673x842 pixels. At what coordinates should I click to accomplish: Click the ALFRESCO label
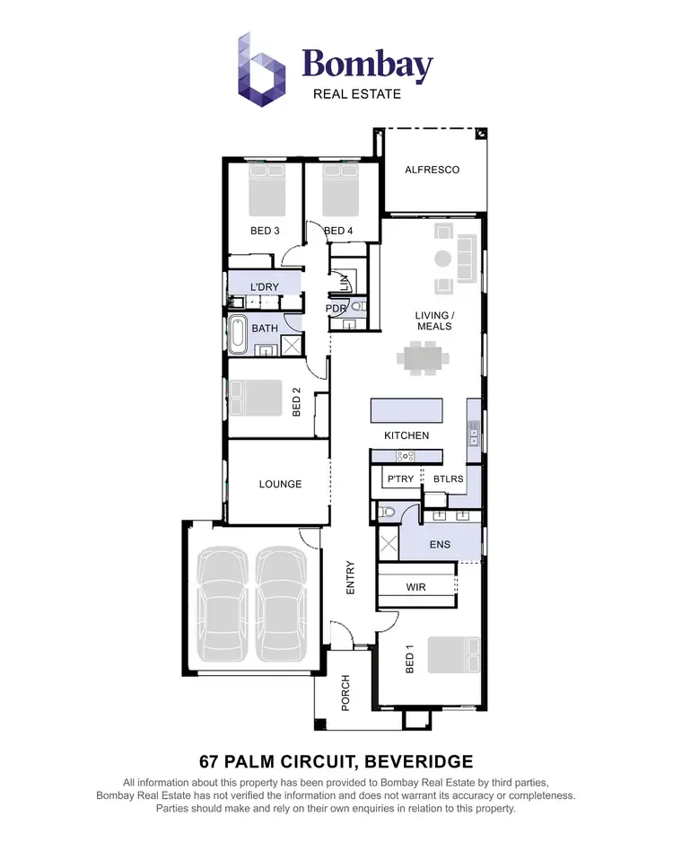click(432, 170)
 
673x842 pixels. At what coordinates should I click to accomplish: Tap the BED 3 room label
click(265, 231)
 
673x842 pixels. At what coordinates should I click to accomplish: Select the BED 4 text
click(338, 231)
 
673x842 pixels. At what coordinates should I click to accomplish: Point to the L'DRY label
click(264, 286)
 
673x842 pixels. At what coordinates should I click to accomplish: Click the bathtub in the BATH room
click(237, 333)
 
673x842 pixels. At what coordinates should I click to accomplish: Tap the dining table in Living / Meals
click(423, 359)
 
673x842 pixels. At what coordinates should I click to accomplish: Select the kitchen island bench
click(406, 411)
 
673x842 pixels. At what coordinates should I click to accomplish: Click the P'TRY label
click(400, 479)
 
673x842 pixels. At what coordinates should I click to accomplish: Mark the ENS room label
click(440, 545)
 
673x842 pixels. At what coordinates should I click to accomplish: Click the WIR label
click(415, 587)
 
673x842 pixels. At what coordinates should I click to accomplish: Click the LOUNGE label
click(280, 484)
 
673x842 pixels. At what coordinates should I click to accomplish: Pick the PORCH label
click(345, 692)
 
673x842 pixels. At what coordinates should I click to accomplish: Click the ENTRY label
click(351, 577)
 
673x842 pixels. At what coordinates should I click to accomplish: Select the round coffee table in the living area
click(441, 259)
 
